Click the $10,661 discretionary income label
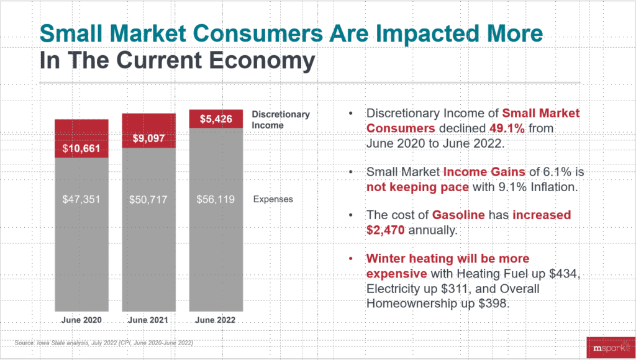pyautogui.click(x=82, y=149)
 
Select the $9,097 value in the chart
pyautogui.click(x=148, y=138)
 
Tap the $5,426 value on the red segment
pyautogui.click(x=216, y=119)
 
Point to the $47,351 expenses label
pyautogui.click(x=82, y=200)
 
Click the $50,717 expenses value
pyautogui.click(x=148, y=200)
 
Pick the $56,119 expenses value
pyautogui.click(x=216, y=200)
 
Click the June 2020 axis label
pyautogui.click(x=81, y=320)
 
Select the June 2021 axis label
pyautogui.click(x=148, y=320)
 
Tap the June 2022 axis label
pyautogui.click(x=216, y=320)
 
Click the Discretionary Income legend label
pyautogui.click(x=281, y=120)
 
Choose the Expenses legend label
pyautogui.click(x=273, y=199)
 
